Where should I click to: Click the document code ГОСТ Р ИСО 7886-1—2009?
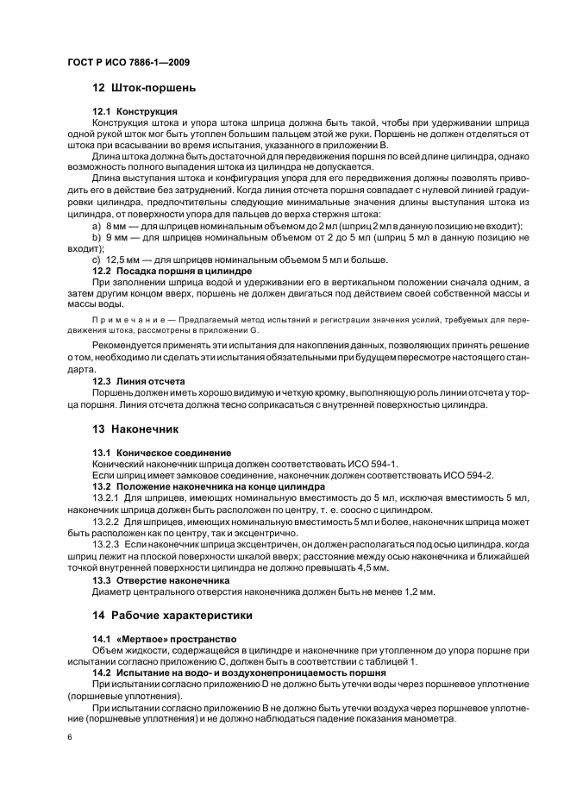click(x=128, y=63)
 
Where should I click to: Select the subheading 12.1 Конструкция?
click(x=135, y=112)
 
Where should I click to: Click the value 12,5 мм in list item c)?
click(x=122, y=260)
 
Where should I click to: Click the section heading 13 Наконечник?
click(x=135, y=428)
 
